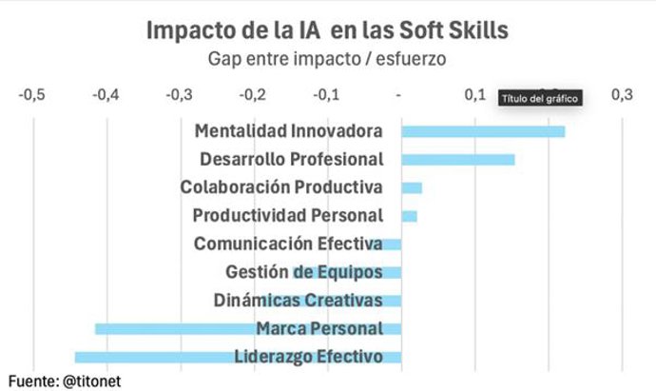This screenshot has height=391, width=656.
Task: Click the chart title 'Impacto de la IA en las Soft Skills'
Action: (x=327, y=29)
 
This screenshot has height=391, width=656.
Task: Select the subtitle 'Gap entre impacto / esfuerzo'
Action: (x=327, y=59)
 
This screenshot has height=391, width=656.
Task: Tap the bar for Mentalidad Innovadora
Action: (x=483, y=131)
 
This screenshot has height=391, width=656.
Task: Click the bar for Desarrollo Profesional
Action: (x=457, y=159)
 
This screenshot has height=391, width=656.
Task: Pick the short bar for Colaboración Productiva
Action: (x=411, y=187)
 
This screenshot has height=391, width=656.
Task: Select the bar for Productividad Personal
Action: (x=409, y=216)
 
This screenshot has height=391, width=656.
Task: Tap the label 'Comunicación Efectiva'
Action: (x=288, y=244)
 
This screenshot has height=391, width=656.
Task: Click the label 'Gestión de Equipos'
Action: (x=304, y=272)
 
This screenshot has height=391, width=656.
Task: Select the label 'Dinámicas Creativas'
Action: (x=298, y=301)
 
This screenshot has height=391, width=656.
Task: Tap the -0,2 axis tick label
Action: (x=253, y=95)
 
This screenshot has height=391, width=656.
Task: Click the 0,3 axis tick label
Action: (x=622, y=95)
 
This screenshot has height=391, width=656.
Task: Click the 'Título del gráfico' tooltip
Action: (x=539, y=98)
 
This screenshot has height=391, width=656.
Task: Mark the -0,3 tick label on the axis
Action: (x=180, y=95)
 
